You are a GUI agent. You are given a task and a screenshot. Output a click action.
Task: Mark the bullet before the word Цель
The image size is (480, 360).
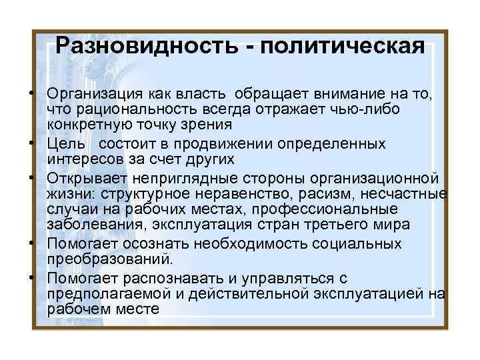[x=32, y=145]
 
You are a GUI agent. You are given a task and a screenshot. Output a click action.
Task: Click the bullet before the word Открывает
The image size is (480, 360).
[x=32, y=179]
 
